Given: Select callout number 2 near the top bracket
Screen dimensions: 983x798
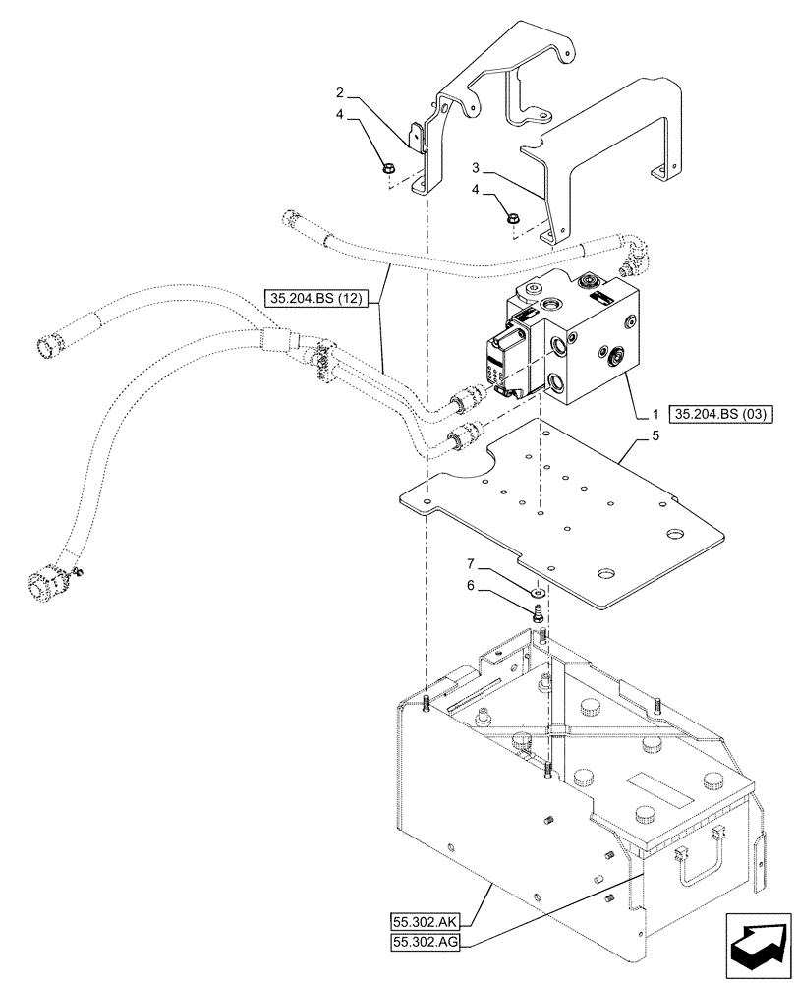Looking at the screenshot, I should [x=339, y=94].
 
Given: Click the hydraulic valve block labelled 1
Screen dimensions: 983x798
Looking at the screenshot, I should [x=570, y=344].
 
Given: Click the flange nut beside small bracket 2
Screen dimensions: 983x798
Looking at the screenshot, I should [x=388, y=168].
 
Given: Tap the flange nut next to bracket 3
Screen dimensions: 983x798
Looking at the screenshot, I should [x=513, y=218].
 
